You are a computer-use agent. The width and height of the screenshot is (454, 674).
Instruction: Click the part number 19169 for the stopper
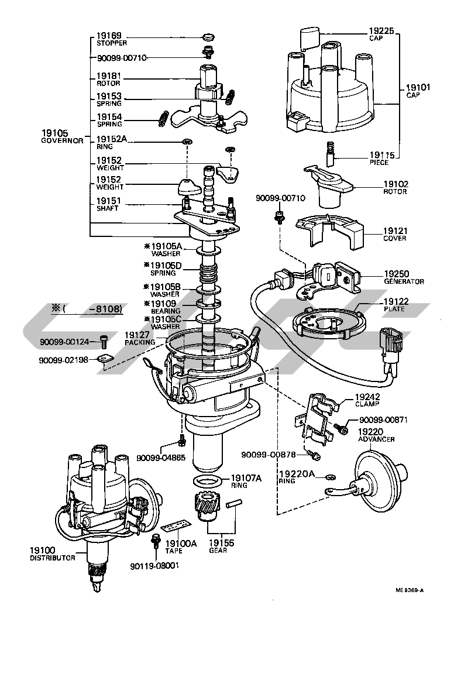(x=109, y=36)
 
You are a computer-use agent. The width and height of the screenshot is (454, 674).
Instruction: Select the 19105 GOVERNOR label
(x=63, y=137)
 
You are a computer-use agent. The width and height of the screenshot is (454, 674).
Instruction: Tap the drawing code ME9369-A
(x=410, y=590)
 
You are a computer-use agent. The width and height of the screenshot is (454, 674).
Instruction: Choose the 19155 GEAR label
(x=221, y=546)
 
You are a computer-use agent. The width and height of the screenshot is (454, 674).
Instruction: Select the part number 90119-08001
(x=154, y=566)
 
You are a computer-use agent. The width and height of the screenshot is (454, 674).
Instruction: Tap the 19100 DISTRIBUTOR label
(x=52, y=554)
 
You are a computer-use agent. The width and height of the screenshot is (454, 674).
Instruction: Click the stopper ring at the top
(x=208, y=38)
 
